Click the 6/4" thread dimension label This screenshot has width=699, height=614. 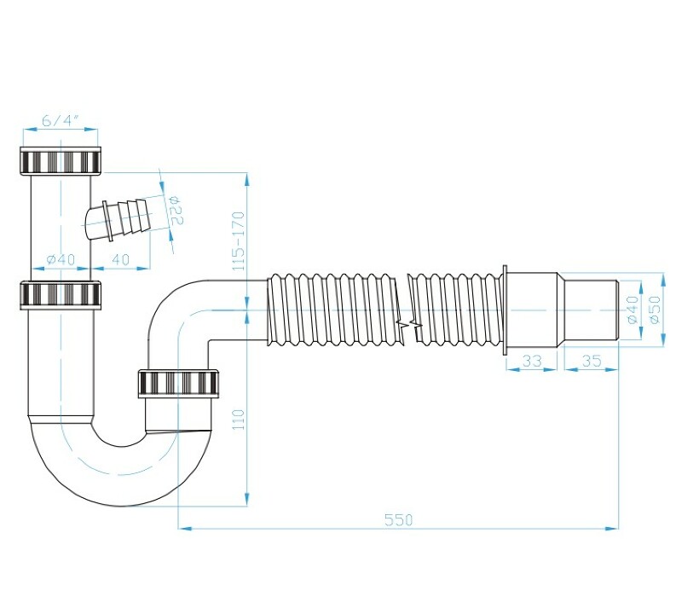pos(61,120)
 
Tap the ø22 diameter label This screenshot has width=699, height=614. pos(176,211)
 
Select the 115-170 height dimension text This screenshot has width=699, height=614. pos(239,240)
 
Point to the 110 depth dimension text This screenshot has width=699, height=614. pos(239,420)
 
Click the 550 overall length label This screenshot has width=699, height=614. pos(399,520)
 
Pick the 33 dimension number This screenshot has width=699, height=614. pos(532,360)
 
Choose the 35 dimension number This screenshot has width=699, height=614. pos(592,360)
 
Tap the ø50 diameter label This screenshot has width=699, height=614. pos(655,310)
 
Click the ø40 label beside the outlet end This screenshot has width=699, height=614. pos(633,310)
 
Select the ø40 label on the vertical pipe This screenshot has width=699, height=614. pos(61,259)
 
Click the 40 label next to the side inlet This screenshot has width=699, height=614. pos(120,259)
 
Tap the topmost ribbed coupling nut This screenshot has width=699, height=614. pos(61,161)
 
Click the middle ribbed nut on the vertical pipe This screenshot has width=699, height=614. pos(61,295)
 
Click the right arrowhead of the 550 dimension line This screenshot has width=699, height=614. pos(612,529)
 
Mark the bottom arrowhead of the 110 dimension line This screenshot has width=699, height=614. pos(247,500)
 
